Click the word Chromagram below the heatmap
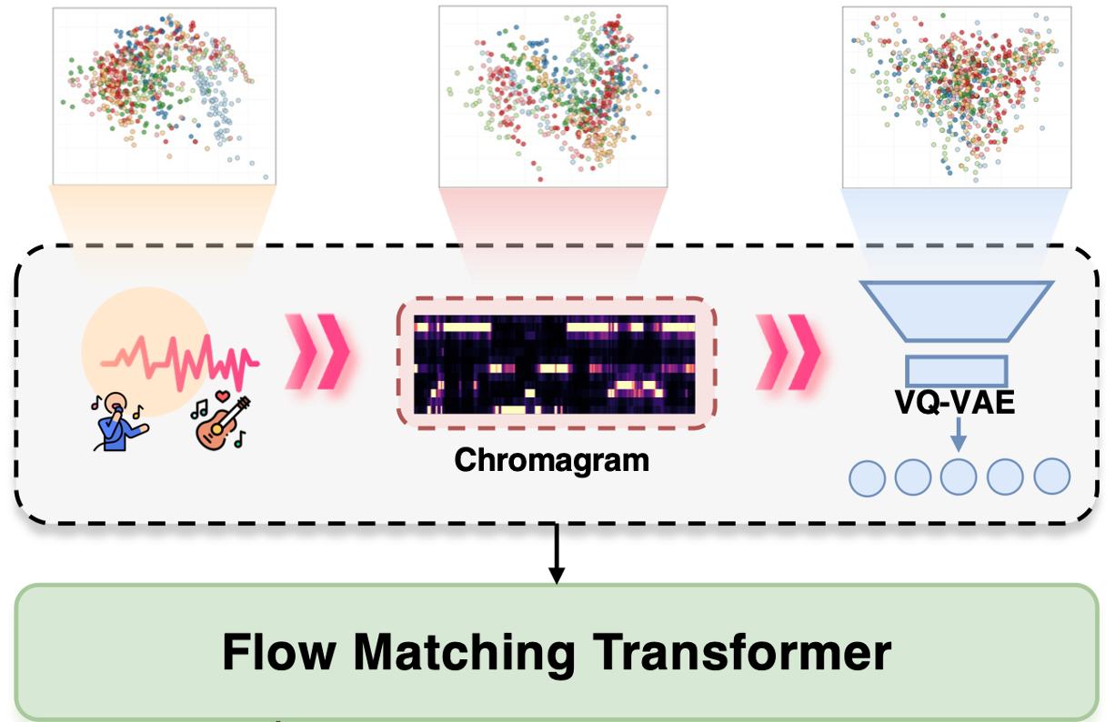(x=551, y=460)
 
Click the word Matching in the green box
(x=464, y=653)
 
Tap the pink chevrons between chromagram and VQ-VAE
(x=788, y=352)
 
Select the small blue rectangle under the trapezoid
(x=956, y=369)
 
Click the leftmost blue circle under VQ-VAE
(x=867, y=477)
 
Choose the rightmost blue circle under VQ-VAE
(x=1052, y=476)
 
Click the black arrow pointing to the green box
(x=556, y=555)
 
